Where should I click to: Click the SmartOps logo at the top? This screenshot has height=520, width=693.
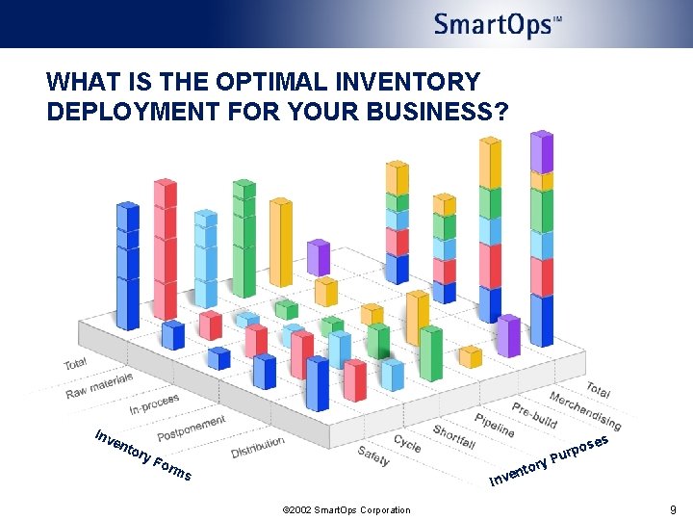[498, 24]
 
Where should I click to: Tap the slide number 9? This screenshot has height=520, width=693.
[673, 509]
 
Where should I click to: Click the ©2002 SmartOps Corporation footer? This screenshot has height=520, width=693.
[346, 510]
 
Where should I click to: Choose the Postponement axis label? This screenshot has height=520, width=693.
[191, 427]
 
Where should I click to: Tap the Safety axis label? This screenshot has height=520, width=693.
[373, 455]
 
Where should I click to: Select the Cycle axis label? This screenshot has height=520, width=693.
[407, 443]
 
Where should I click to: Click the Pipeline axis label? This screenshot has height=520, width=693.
[494, 425]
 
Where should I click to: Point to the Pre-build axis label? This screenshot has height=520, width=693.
[534, 414]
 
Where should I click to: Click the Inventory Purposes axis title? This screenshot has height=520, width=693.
[550, 458]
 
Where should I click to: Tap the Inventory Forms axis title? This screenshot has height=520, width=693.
[142, 455]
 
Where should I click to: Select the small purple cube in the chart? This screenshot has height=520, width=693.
[319, 257]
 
